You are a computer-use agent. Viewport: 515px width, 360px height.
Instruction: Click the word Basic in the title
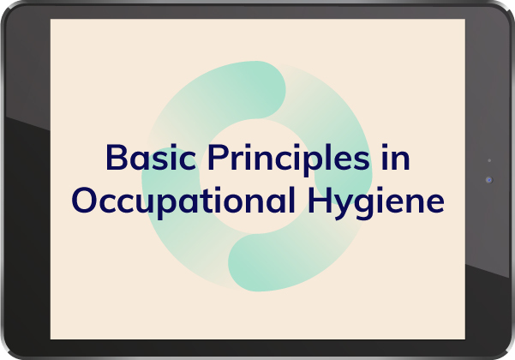pos(151,157)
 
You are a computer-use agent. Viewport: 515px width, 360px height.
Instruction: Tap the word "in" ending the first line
pos(396,157)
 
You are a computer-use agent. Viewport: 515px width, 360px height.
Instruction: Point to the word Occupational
pos(183,201)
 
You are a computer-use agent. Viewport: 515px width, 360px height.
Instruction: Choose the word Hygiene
pos(376,202)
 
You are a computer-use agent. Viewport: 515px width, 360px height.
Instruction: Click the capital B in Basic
pos(117,157)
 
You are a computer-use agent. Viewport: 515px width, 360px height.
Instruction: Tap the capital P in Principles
pos(219,157)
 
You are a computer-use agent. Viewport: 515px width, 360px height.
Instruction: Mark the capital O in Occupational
pos(85,200)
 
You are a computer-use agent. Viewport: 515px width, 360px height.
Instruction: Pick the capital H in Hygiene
pos(320,200)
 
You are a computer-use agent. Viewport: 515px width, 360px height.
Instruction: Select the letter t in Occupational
pos(215,201)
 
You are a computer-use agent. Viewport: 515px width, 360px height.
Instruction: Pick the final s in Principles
pos(361,160)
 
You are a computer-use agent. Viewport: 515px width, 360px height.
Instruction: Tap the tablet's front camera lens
pos(489,180)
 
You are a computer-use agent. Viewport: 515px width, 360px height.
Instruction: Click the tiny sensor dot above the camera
pos(489,160)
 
